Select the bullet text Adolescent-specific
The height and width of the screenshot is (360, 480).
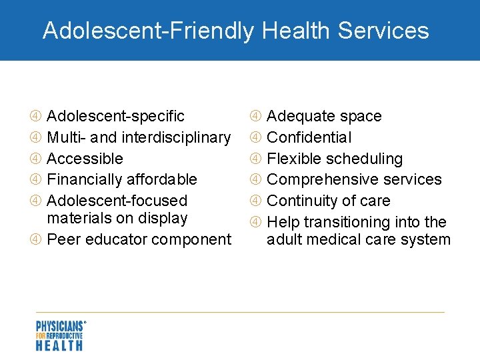116,116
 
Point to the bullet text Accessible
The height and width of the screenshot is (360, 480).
85,159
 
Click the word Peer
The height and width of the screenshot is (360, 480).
63,239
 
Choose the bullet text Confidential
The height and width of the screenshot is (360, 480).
309,137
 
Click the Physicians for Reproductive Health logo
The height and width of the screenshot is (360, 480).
60,335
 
